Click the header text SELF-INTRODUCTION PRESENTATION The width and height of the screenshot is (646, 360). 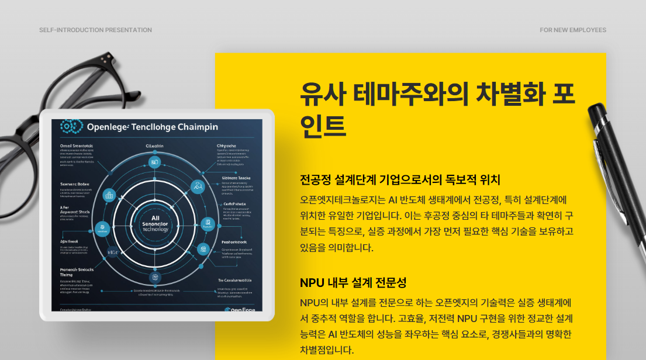(x=95, y=30)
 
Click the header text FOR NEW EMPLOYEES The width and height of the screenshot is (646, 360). (x=573, y=30)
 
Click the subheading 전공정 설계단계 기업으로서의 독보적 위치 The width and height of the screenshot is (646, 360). (x=400, y=179)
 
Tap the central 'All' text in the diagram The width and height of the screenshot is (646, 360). (x=155, y=217)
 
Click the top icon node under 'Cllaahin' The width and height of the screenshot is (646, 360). (x=154, y=162)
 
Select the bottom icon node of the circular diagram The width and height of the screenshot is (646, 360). (x=154, y=277)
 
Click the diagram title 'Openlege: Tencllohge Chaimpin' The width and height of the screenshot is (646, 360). (x=152, y=127)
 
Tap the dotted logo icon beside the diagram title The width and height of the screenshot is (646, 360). (x=69, y=126)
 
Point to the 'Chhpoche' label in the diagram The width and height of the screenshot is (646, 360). (x=226, y=147)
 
